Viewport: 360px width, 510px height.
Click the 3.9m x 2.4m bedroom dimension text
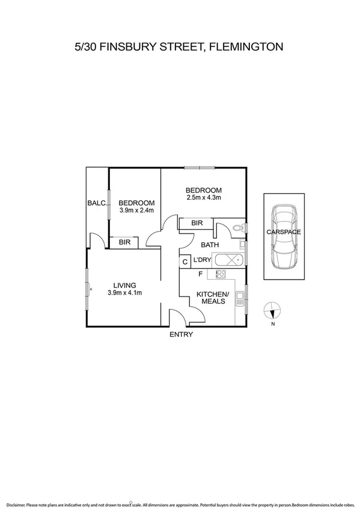point(136,210)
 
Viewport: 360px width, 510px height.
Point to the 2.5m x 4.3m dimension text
point(204,197)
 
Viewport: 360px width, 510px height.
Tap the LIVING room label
point(121,285)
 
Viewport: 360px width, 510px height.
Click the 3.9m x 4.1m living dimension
point(124,293)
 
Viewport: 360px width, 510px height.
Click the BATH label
point(210,245)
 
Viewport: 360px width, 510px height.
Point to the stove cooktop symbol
point(220,274)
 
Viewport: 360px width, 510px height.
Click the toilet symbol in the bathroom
point(238,228)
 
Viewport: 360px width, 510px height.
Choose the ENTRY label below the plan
point(182,335)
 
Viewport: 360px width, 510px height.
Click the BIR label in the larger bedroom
point(197,223)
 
